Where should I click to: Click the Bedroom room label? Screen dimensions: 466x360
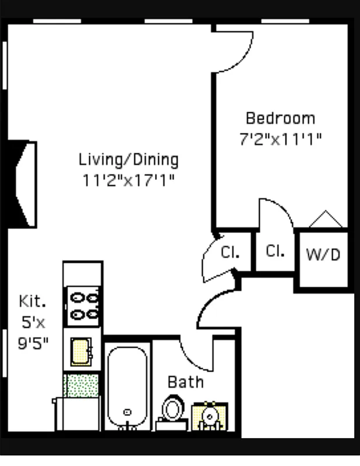tap(280, 118)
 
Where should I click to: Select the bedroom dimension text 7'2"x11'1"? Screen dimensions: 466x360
tap(280, 140)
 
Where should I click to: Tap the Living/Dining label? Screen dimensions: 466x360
tap(129, 159)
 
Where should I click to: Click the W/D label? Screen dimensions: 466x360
tap(323, 255)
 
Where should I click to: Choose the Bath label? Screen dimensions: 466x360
tap(186, 382)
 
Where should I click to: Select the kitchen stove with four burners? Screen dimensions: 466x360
tap(83, 307)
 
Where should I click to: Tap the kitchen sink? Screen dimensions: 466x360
tap(82, 352)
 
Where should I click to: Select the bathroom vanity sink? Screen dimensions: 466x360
tap(210, 416)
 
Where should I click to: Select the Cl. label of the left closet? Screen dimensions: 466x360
tap(228, 253)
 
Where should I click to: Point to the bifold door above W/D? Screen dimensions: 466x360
tap(325, 220)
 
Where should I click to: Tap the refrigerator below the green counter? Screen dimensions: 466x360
tap(77, 415)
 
